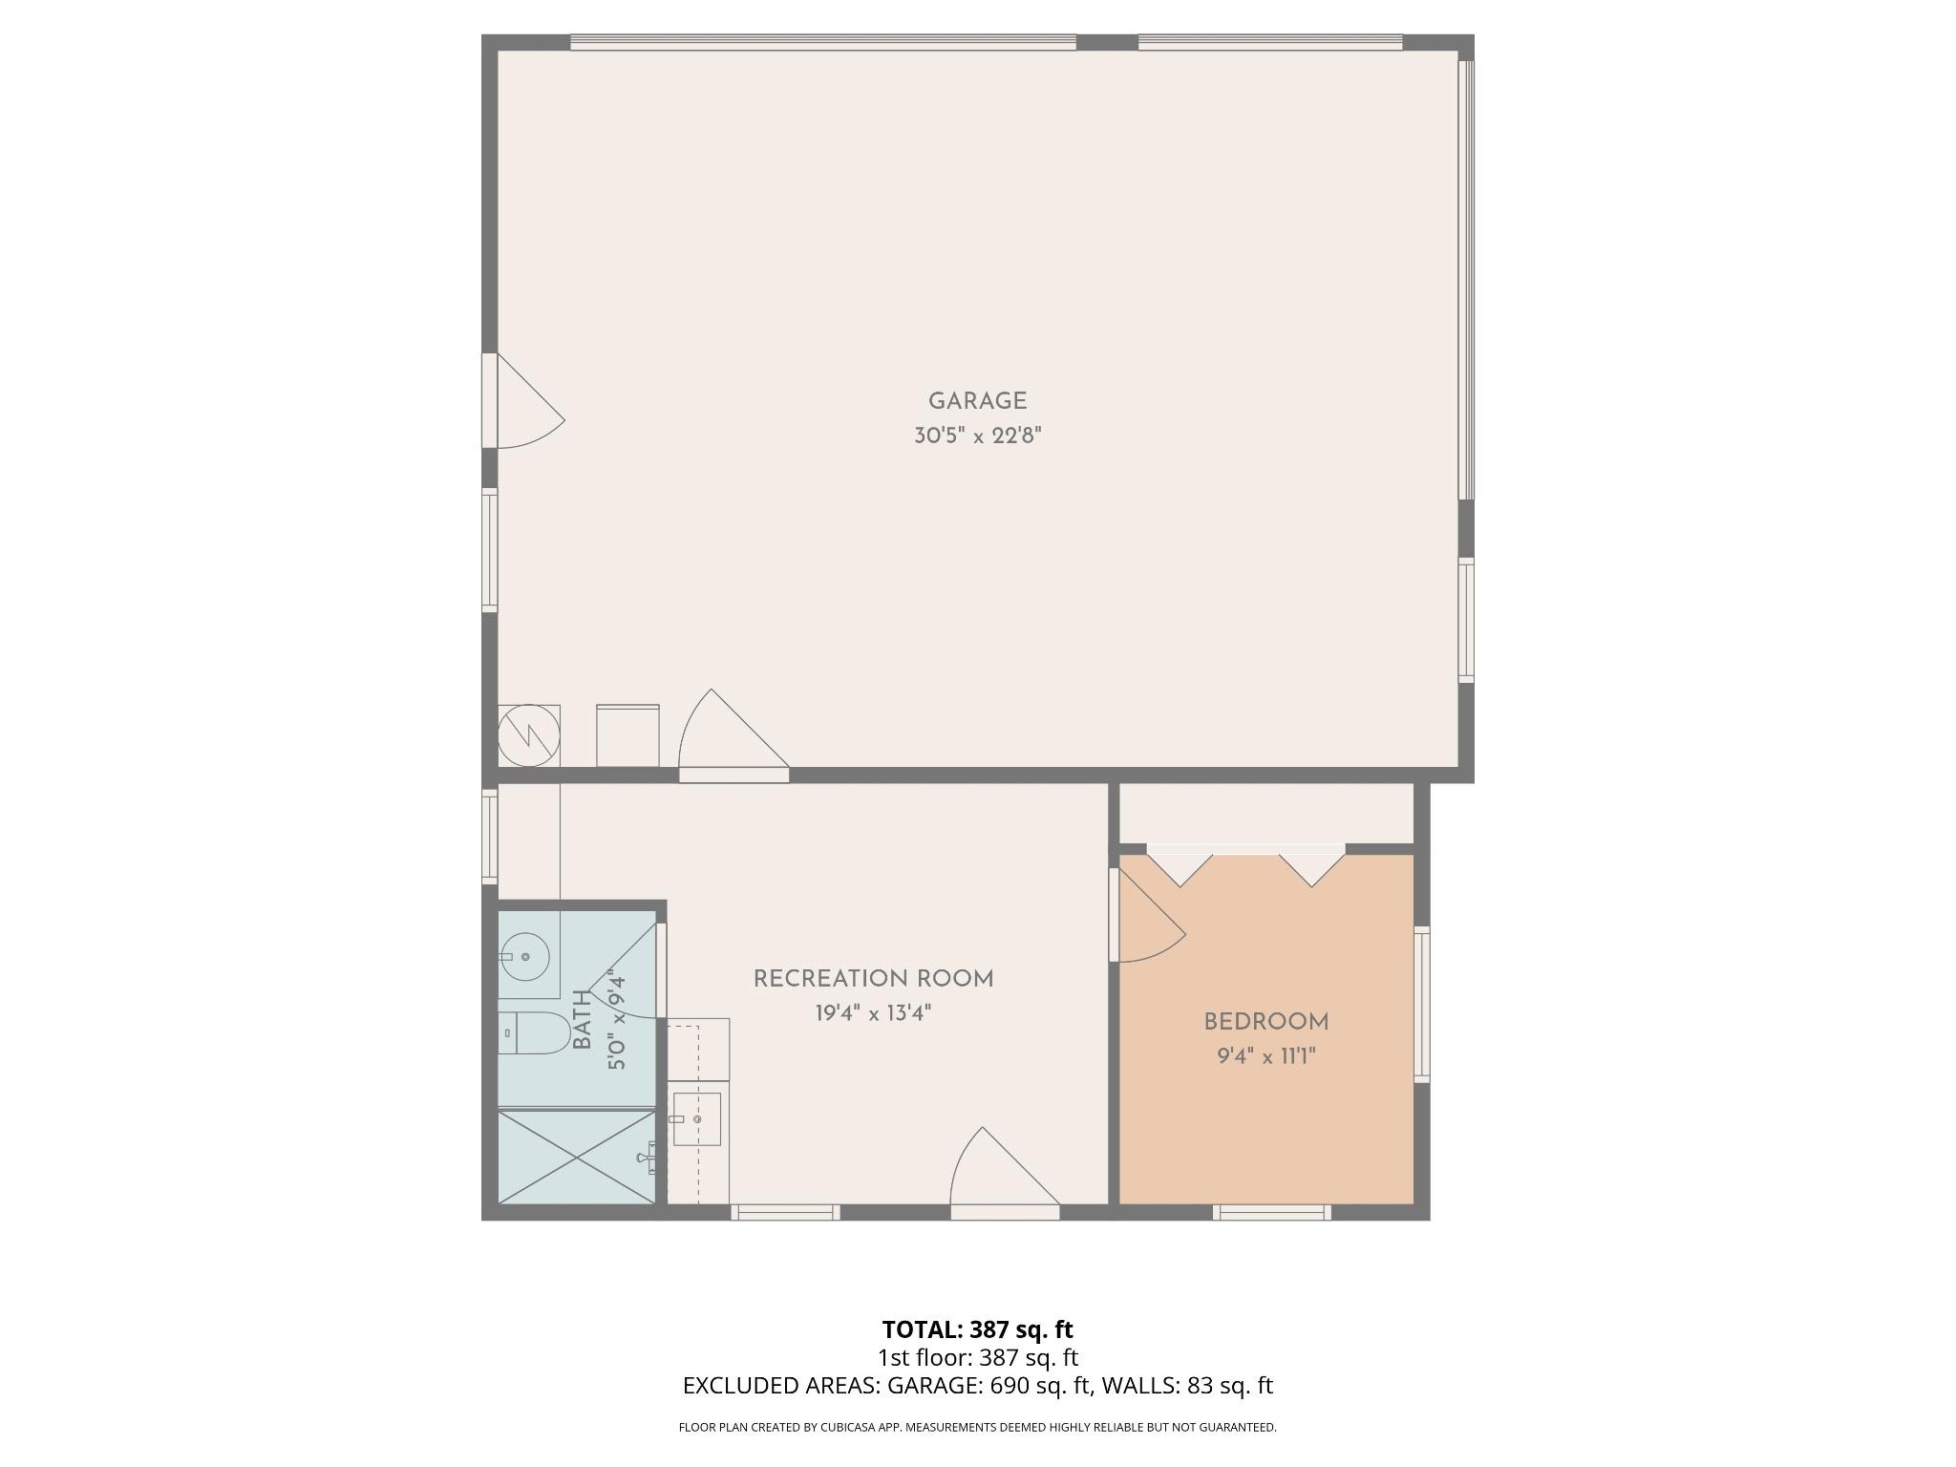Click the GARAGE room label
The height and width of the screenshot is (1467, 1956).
[977, 401]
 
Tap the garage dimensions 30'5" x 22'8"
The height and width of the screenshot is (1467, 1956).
[977, 436]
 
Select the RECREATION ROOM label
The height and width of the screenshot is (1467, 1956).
[873, 979]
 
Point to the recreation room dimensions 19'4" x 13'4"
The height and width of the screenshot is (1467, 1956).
[873, 1013]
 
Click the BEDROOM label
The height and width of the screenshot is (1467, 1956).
[1265, 1022]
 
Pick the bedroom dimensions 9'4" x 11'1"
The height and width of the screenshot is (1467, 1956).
[1265, 1056]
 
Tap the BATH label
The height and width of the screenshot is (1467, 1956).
[583, 1021]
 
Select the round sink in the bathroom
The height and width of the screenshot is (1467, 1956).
[524, 956]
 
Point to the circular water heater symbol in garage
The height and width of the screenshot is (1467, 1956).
[528, 735]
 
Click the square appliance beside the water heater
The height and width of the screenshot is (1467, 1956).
[627, 735]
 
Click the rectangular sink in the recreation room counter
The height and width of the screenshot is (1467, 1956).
[696, 1118]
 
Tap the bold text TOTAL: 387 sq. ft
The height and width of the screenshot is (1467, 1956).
[977, 1329]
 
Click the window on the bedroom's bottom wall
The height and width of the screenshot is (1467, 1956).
[1271, 1213]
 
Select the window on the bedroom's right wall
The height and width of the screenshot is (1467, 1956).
[1422, 1003]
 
